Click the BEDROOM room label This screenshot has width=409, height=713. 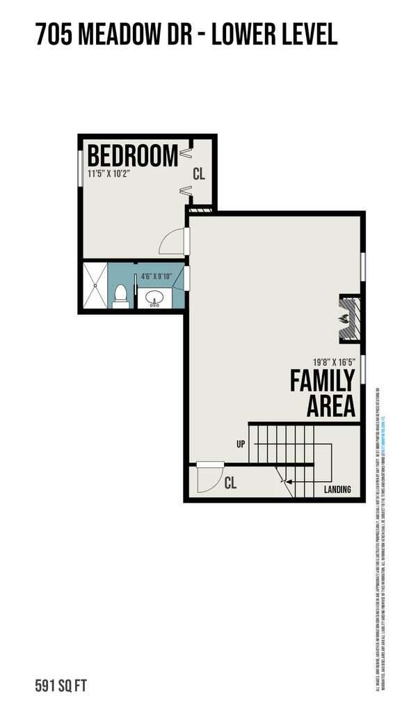(132, 155)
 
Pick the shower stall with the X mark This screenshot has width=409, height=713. (96, 285)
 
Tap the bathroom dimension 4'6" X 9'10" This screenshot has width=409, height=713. (159, 276)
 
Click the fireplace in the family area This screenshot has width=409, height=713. (347, 318)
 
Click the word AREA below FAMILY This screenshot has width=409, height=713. (331, 407)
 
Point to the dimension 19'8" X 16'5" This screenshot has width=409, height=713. (334, 361)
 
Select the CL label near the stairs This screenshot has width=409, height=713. (231, 483)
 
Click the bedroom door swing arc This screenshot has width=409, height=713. (171, 243)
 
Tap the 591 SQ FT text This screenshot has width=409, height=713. (61, 686)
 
